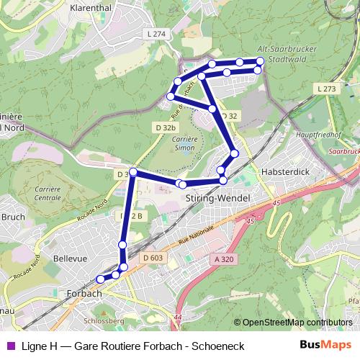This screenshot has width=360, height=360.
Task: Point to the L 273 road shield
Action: click(325, 88)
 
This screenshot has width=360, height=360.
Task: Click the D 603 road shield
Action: click(153, 258)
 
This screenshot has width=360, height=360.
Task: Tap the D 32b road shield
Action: click(165, 127)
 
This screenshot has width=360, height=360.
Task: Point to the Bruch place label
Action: click(12, 215)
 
